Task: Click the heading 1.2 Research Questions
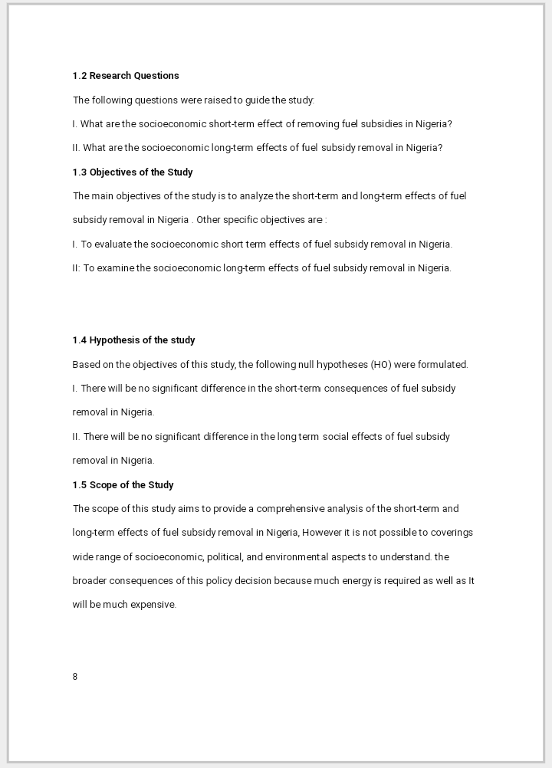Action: click(x=126, y=76)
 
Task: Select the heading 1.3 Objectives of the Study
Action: click(x=133, y=172)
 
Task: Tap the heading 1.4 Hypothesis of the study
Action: click(x=133, y=340)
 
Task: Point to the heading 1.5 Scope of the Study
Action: click(x=123, y=485)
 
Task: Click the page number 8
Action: click(x=75, y=677)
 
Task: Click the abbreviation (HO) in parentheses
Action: click(x=381, y=365)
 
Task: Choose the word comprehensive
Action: click(x=291, y=509)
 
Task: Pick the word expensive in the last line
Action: click(x=156, y=605)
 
